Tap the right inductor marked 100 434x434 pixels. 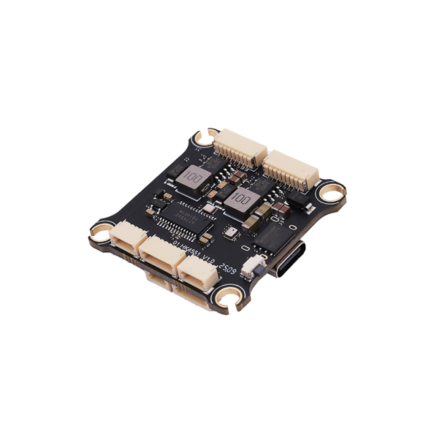(x=239, y=200)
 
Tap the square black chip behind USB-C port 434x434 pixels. (x=276, y=237)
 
